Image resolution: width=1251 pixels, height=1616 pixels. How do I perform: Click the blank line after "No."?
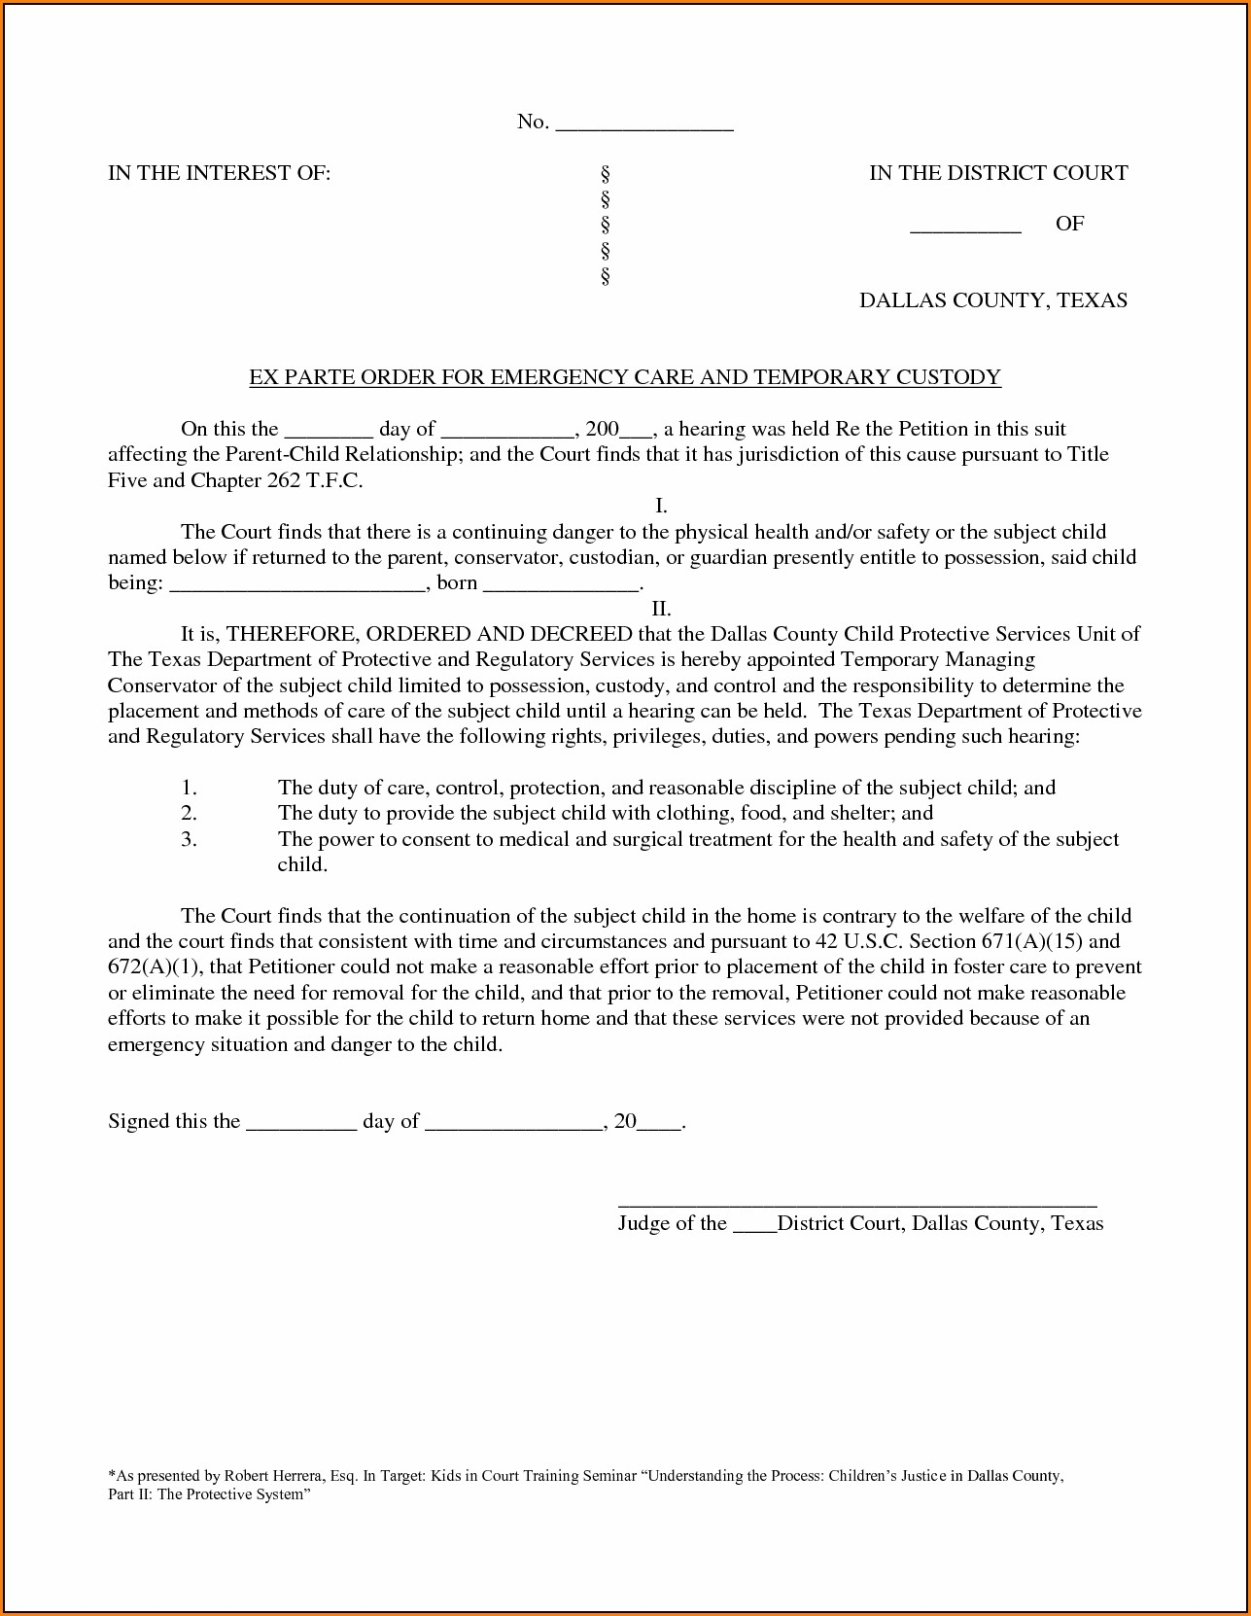tap(643, 125)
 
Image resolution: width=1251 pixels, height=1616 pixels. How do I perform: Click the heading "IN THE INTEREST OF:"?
tap(219, 173)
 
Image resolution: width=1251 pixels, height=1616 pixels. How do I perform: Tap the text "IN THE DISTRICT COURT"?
tap(998, 173)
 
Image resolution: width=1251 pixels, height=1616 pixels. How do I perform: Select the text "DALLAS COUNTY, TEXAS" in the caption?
tap(992, 300)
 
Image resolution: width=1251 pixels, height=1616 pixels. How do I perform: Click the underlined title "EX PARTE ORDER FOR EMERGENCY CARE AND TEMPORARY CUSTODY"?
tap(625, 377)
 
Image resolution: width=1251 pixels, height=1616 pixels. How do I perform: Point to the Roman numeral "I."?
tap(661, 506)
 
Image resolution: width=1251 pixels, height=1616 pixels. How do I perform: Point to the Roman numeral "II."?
tap(661, 609)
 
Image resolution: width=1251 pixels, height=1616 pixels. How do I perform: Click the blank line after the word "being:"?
tap(298, 587)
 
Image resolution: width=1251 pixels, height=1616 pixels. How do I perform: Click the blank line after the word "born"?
tap(561, 587)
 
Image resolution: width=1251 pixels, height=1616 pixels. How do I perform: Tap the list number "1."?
tap(190, 788)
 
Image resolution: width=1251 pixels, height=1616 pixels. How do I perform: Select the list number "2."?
tap(190, 813)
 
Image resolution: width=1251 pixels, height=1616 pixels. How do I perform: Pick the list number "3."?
tap(190, 839)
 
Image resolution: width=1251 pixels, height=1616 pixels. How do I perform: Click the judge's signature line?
tap(857, 1203)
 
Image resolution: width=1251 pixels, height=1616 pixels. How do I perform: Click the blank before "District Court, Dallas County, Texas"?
tap(753, 1227)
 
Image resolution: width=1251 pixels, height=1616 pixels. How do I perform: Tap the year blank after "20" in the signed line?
tap(660, 1125)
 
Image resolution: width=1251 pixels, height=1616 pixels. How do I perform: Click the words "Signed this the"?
tap(174, 1121)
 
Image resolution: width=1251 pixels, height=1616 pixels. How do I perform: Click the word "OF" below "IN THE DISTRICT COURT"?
tap(1069, 224)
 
